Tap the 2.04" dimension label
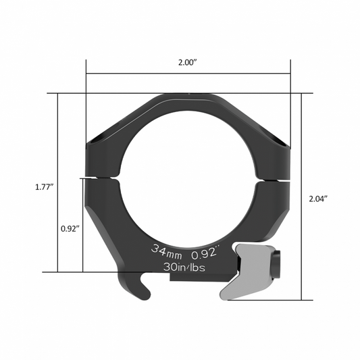(317, 199)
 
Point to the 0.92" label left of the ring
(68, 228)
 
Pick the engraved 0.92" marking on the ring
(205, 254)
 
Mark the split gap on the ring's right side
(275, 178)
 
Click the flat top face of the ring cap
(188, 96)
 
